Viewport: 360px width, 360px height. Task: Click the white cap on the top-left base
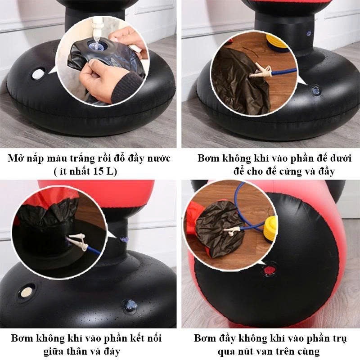tap(37, 74)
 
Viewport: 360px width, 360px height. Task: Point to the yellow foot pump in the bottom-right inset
tap(270, 229)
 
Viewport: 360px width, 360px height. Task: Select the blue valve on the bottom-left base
tap(130, 306)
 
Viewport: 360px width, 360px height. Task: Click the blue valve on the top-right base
tap(314, 89)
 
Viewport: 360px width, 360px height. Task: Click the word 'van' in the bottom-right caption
tap(262, 351)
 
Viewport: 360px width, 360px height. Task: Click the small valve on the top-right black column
tap(309, 33)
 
